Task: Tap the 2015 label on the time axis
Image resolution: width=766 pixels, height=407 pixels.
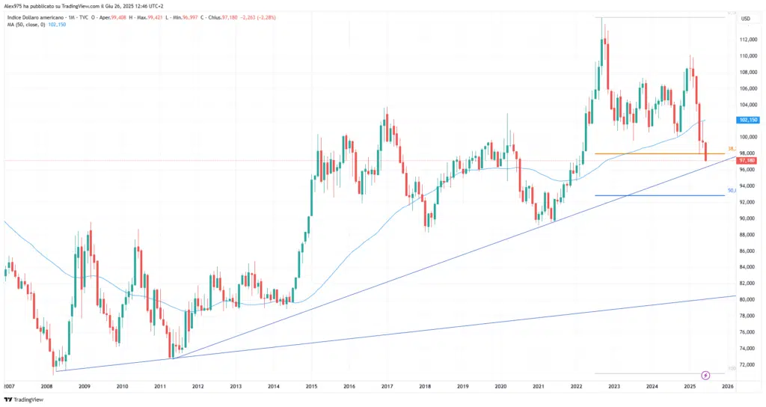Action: tap(310, 386)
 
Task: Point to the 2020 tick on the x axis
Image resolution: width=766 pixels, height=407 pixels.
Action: tap(500, 386)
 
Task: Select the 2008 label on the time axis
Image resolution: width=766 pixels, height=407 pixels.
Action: tap(46, 386)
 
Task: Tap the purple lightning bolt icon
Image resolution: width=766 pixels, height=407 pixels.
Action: tap(705, 374)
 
